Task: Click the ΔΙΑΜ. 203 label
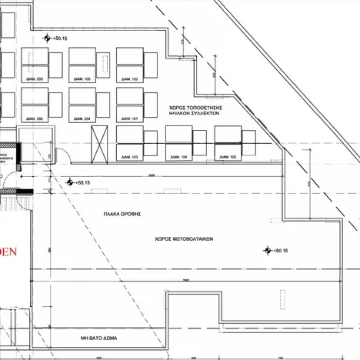click(x=35, y=79)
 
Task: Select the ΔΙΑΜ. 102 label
click(x=129, y=79)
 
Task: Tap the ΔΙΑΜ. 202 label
click(x=35, y=118)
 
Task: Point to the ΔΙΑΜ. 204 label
click(x=82, y=118)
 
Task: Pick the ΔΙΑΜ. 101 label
click(x=129, y=118)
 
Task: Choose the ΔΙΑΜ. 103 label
click(x=129, y=157)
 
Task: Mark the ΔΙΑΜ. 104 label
click(x=178, y=157)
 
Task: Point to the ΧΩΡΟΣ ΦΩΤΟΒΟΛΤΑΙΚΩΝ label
click(x=182, y=238)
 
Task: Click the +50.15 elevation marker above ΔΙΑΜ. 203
click(x=48, y=36)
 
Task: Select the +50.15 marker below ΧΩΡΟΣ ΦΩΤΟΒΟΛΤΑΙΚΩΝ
click(x=268, y=250)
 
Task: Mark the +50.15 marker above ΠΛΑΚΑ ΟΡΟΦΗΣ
click(x=71, y=182)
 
